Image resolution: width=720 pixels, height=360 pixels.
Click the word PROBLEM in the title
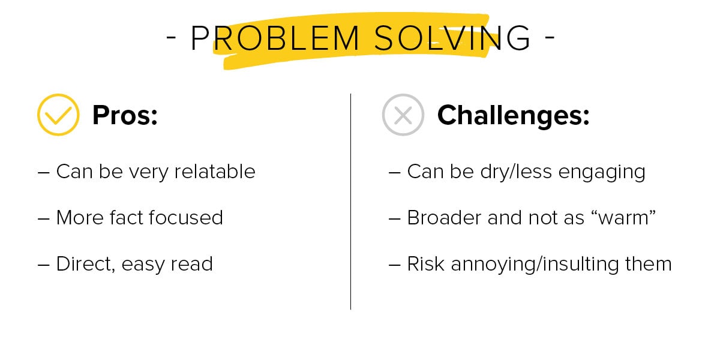pyautogui.click(x=275, y=39)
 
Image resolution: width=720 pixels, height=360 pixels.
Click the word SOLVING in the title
pyautogui.click(x=452, y=39)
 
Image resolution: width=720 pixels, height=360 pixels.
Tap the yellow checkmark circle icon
pyautogui.click(x=58, y=115)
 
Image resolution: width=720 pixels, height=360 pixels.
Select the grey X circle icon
pyautogui.click(x=403, y=115)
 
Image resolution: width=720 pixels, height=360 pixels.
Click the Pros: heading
pyautogui.click(x=125, y=115)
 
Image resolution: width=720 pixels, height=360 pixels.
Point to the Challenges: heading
pyautogui.click(x=513, y=115)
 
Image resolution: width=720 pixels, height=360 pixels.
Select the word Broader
pyautogui.click(x=444, y=217)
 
